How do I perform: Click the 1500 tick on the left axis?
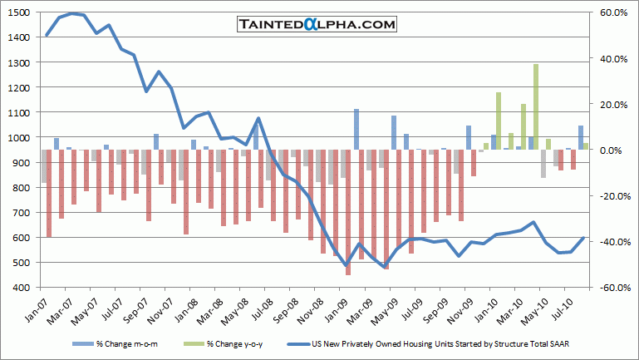click(21, 13)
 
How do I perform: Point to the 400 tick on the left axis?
click(22, 288)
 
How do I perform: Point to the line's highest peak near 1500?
click(73, 14)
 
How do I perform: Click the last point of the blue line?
click(584, 237)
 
